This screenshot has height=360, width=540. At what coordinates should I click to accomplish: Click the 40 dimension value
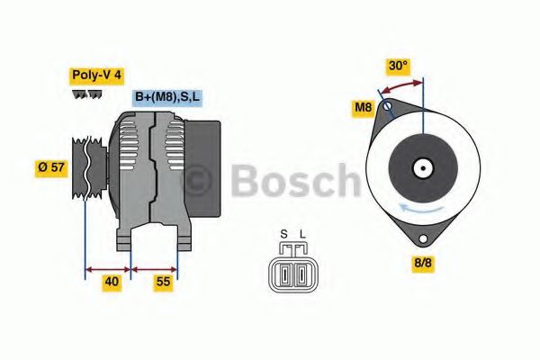[112, 281]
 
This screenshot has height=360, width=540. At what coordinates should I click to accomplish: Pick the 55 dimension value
[162, 281]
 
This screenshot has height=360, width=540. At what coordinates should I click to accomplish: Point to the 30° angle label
[398, 66]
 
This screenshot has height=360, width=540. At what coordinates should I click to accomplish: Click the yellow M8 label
[363, 109]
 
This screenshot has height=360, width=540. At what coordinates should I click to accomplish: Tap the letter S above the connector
[283, 236]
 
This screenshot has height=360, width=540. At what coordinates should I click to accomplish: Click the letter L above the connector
[302, 236]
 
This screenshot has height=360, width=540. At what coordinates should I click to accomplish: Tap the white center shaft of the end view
[421, 167]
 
